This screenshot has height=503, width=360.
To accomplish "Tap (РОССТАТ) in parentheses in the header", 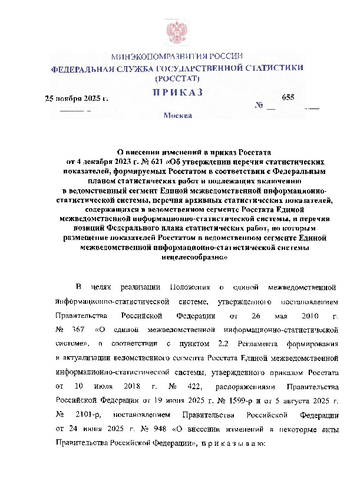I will (177, 78).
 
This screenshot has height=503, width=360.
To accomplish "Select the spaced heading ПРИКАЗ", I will (177, 92).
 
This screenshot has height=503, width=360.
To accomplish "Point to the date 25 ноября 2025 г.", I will (77, 98).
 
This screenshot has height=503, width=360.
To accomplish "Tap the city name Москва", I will (178, 116).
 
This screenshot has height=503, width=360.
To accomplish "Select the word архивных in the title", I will (220, 200).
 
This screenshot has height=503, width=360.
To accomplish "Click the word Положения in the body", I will (190, 287).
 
